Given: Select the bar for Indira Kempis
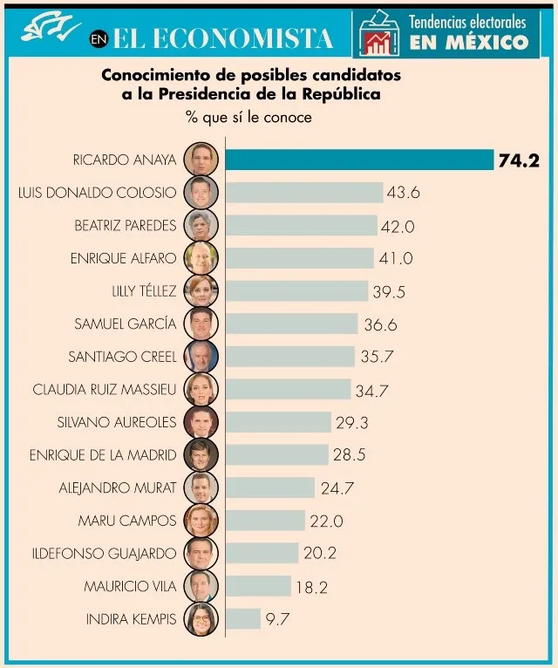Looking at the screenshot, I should coord(243,619).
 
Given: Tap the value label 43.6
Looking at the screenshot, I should coord(403,192).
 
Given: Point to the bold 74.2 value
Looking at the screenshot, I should coord(520,160).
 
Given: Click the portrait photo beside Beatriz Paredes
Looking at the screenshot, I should coord(201,225).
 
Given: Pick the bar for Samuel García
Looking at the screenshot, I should coord(291,324).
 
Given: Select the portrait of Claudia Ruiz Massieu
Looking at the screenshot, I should coord(201,389).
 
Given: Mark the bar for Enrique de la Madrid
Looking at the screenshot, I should coord(276,454).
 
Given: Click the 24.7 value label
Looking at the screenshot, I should coord(336,488).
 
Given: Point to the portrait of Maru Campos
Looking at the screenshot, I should coord(201,521).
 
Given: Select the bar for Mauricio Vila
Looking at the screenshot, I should coord(258,586).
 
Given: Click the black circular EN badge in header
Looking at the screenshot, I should coord(99,39).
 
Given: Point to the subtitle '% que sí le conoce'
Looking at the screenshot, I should coord(248,116).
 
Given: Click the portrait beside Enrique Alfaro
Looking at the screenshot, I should coord(201,258).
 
